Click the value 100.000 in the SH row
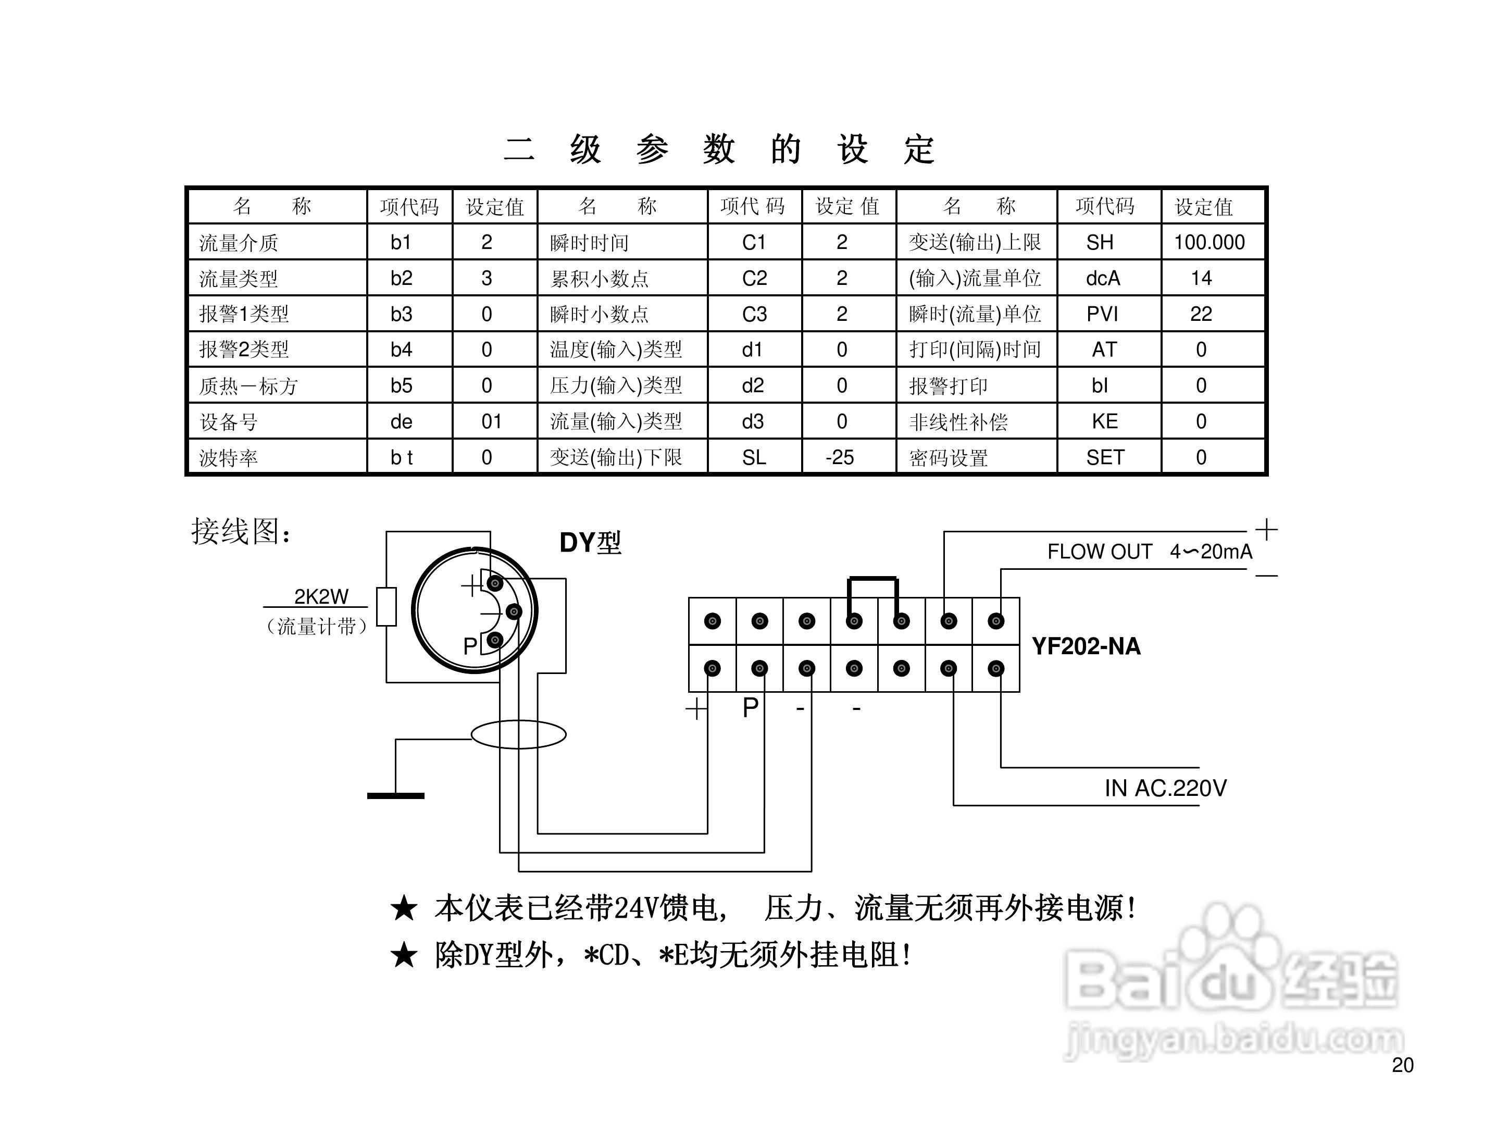pos(1208,242)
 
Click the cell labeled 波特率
pos(229,458)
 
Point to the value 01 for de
pos(491,422)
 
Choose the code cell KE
pos(1104,422)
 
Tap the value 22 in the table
pos(1201,314)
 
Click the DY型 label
pos(590,542)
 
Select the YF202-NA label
pos(1086,646)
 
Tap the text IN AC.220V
pos(1165,788)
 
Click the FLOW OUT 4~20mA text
pos(1149,552)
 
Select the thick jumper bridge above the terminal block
pos(873,579)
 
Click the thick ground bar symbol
pos(396,796)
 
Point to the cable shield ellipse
pos(518,734)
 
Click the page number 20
pos(1403,1065)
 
